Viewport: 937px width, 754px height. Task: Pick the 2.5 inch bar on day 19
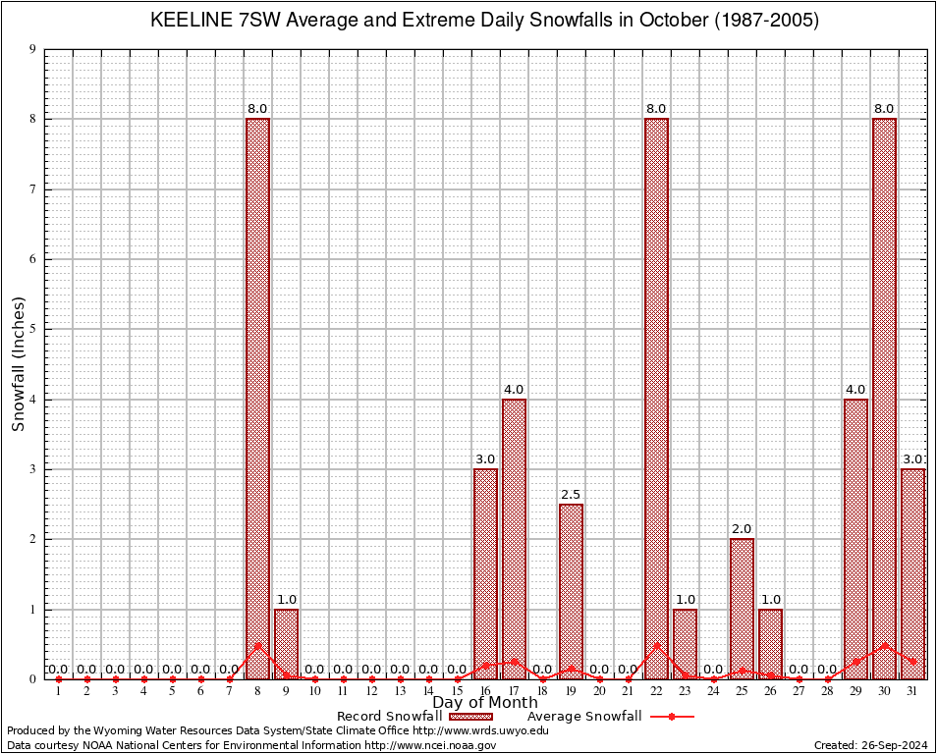point(571,589)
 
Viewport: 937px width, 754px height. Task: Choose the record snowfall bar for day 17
point(514,538)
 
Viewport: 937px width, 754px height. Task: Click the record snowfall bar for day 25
point(742,609)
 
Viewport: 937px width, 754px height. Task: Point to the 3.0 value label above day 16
point(485,459)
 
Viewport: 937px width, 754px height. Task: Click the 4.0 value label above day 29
point(855,390)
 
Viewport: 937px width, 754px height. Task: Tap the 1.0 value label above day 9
point(286,600)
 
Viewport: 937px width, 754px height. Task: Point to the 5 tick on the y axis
point(33,329)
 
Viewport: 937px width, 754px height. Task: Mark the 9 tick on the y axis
point(33,49)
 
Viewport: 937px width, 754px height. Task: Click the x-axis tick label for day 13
point(400,691)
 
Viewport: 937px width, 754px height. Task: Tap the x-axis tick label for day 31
point(912,691)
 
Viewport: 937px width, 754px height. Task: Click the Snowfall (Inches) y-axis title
point(18,363)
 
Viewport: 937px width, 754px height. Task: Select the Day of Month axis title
point(485,703)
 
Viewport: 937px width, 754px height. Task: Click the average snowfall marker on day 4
point(143,678)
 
